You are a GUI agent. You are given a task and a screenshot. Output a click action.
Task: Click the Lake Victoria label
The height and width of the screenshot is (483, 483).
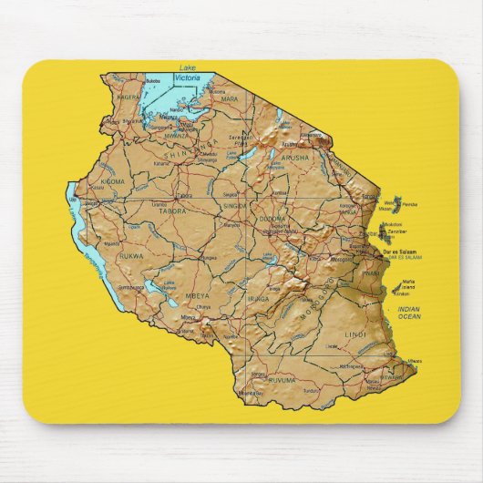click(188, 74)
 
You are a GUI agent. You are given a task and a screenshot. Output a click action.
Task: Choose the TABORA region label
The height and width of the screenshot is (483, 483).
click(173, 211)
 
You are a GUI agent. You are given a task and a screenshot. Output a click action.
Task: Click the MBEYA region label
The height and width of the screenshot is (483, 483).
click(196, 295)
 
